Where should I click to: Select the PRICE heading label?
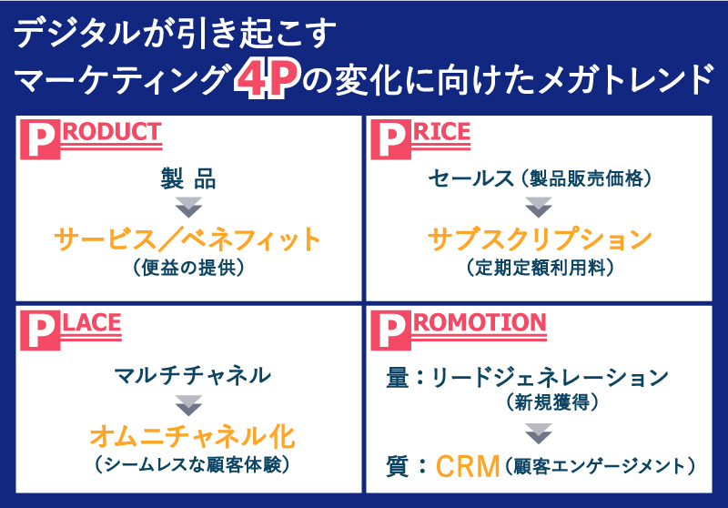[x=427, y=138]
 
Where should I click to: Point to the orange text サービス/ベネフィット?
[x=188, y=239]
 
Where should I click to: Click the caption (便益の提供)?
[x=188, y=268]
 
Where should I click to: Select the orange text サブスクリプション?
[x=540, y=239]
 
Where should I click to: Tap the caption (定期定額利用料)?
[x=540, y=268]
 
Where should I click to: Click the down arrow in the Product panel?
[x=188, y=208]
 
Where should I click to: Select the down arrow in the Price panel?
[x=539, y=208]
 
